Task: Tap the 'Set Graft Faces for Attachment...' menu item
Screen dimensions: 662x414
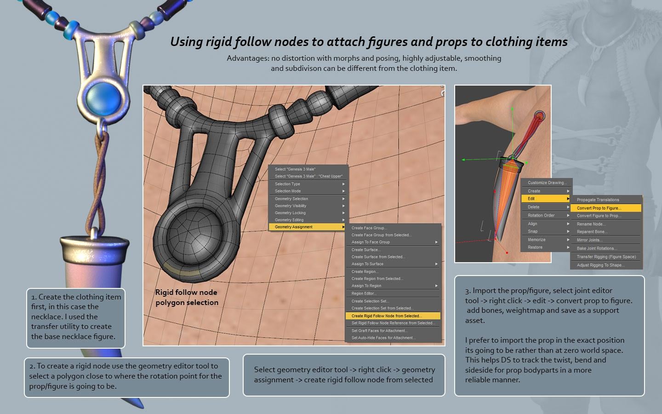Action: point(379,331)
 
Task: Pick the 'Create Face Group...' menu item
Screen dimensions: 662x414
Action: point(369,228)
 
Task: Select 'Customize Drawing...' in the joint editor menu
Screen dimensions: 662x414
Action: point(547,183)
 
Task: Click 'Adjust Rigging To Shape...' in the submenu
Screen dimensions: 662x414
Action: point(600,265)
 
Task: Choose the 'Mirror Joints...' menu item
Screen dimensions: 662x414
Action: point(589,240)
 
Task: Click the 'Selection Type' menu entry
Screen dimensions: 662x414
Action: point(287,184)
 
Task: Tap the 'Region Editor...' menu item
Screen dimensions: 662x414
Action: point(364,293)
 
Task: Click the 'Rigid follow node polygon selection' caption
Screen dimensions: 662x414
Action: point(187,297)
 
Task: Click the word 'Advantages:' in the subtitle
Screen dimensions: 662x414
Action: point(248,58)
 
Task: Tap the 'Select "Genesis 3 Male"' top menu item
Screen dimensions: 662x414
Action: point(295,169)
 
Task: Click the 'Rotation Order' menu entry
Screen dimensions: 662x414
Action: point(541,215)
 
